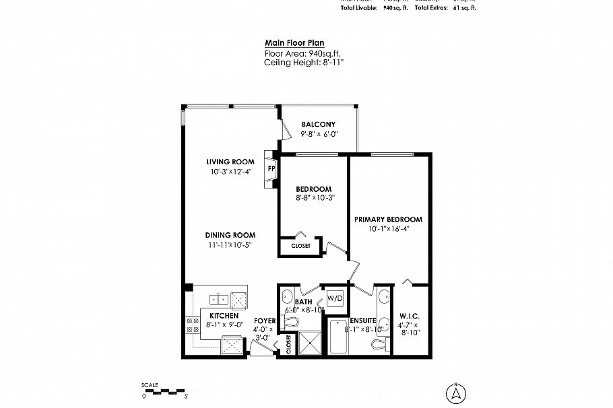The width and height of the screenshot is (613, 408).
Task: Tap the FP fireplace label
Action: [x=271, y=168]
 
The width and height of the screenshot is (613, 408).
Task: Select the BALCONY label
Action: [x=318, y=125]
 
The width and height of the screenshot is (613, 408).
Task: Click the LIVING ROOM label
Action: [x=230, y=162]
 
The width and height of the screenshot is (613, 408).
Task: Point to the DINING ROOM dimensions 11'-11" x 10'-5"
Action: [x=230, y=244]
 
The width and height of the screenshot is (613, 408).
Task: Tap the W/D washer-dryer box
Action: [x=335, y=298]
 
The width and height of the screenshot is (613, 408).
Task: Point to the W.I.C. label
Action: [x=411, y=315]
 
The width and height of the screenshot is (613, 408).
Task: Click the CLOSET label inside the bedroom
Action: [x=300, y=246]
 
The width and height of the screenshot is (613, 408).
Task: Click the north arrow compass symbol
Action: [x=455, y=391]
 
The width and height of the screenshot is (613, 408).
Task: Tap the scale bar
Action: [x=163, y=390]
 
